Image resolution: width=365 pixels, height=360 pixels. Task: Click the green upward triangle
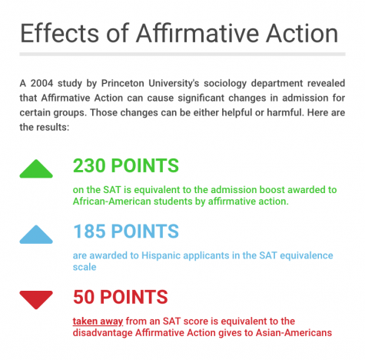tap(36, 169)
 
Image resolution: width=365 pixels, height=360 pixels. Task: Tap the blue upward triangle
tap(36, 235)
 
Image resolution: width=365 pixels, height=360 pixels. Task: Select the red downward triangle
tap(36, 299)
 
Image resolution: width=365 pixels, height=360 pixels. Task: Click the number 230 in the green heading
tap(89, 165)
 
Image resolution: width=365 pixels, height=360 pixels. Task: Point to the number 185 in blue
tap(89, 232)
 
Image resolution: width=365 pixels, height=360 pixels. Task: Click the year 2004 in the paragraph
tap(41, 83)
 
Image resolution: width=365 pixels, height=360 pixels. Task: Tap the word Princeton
tap(123, 83)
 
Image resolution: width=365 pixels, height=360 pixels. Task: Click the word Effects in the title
tap(59, 33)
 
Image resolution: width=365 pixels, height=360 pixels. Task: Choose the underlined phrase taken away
tap(98, 322)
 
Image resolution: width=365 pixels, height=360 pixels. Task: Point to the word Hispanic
tap(160, 255)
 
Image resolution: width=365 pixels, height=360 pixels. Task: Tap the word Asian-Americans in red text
tap(294, 333)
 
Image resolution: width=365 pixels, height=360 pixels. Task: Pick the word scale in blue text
tap(85, 267)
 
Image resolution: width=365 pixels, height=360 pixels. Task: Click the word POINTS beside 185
tap(145, 232)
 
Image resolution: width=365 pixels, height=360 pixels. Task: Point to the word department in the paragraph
tap(277, 84)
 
